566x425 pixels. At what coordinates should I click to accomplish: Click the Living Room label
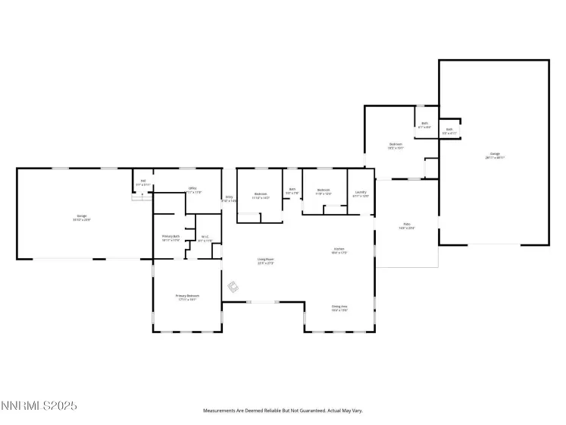(265, 260)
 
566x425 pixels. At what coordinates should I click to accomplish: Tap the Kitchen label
(339, 250)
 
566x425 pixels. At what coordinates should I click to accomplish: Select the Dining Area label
(339, 307)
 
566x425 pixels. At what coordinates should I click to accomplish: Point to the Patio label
(406, 226)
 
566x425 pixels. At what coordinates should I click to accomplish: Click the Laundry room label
(361, 193)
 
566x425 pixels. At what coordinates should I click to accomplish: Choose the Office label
(193, 190)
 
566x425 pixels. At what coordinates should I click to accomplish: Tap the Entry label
(229, 199)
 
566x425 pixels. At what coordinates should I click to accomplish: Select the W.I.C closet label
(205, 238)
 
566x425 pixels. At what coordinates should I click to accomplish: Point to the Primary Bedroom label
(187, 297)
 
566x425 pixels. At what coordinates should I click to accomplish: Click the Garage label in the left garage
(80, 217)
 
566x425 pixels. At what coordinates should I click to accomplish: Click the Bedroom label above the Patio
(396, 145)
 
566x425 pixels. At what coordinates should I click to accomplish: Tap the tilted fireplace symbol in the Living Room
(234, 287)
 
